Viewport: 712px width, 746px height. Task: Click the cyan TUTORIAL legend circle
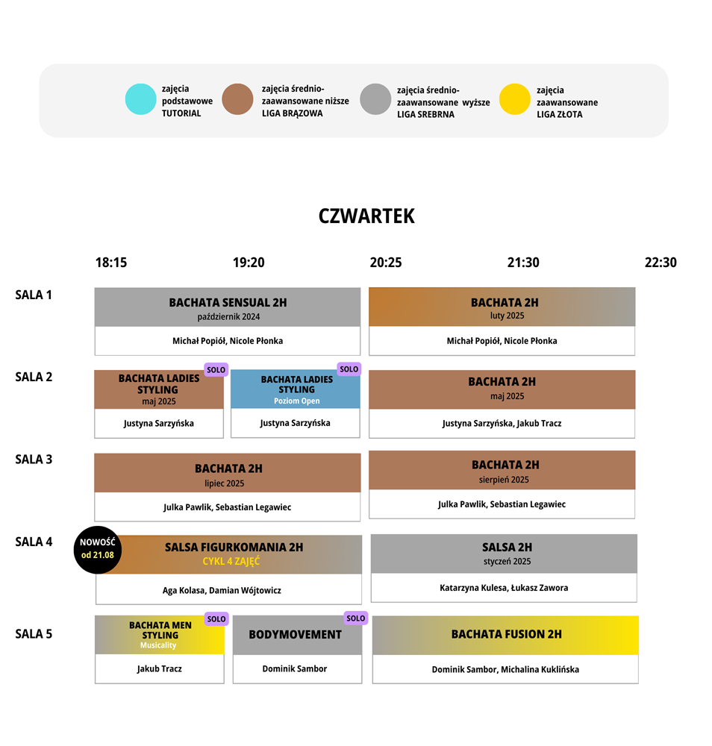[x=140, y=99]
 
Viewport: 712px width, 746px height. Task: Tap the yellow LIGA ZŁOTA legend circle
[x=514, y=99]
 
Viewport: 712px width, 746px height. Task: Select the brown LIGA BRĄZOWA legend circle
[x=237, y=99]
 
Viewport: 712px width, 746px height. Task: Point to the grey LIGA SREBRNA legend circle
[x=375, y=99]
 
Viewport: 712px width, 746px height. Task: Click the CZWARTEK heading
[x=366, y=216]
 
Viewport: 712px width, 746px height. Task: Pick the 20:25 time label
[x=386, y=263]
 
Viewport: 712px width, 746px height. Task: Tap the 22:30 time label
[x=661, y=263]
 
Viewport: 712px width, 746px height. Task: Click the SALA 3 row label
[x=34, y=459]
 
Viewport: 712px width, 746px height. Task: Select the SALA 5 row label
[x=34, y=633]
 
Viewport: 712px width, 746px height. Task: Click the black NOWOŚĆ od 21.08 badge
[x=98, y=550]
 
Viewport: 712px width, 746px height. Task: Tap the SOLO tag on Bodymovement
[x=355, y=618]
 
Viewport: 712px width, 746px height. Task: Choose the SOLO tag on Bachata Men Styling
[x=216, y=618]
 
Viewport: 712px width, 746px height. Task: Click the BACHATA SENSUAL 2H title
[x=228, y=303]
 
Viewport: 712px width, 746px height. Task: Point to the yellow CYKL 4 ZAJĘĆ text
[x=231, y=562]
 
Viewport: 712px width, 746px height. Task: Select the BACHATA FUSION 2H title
[x=507, y=634]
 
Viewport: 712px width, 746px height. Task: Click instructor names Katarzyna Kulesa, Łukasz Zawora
[x=504, y=588]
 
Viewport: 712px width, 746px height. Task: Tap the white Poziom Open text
[x=297, y=401]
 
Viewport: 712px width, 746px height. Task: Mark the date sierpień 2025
[x=504, y=480]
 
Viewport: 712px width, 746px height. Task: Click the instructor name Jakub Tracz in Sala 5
[x=160, y=669]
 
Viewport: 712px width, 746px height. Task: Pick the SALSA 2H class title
[x=507, y=547]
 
